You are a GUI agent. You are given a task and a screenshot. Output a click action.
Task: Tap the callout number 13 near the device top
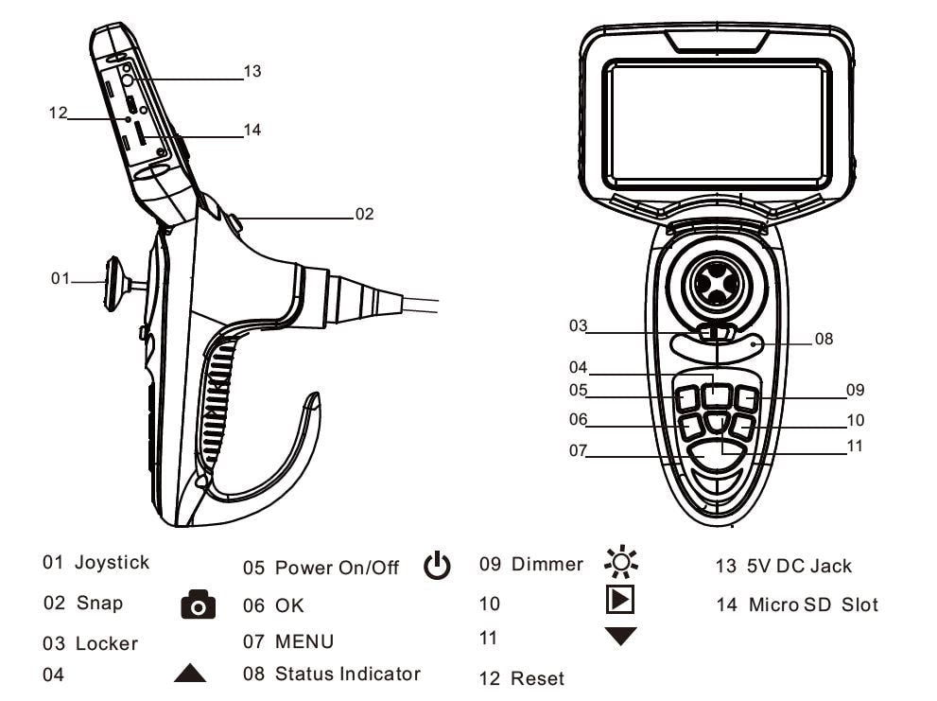coord(252,71)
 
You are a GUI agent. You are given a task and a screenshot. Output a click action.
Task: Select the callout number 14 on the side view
coord(252,131)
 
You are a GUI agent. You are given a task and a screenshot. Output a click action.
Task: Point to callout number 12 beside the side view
coord(59,113)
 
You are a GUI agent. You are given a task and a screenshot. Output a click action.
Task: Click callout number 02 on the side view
coord(364,214)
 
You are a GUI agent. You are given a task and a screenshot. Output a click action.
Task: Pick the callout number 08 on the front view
coord(824,338)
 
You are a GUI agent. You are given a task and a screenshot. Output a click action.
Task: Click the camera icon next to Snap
coord(198,605)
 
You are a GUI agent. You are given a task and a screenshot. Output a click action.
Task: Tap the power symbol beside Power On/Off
coord(437,566)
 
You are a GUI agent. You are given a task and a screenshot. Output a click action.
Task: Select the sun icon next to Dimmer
coord(621,563)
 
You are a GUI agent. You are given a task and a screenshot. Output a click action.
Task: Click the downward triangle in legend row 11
coord(621,637)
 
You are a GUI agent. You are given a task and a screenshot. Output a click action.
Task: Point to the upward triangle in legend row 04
coord(190,674)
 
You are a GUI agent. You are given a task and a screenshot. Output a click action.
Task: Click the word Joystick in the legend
coord(112,563)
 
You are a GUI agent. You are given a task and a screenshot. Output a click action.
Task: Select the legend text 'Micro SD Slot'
coord(813,605)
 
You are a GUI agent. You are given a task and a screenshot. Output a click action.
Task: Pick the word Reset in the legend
coord(536,678)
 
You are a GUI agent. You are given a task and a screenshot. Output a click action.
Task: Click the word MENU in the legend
coord(304,642)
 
